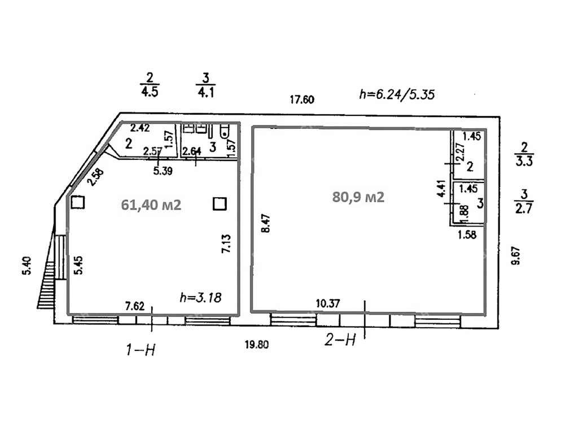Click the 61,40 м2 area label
click(151, 205)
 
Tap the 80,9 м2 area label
click(358, 197)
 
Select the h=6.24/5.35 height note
click(397, 94)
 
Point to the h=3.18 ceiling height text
click(201, 297)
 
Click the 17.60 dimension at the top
click(302, 99)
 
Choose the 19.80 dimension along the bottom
click(257, 345)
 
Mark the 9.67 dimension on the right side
click(516, 255)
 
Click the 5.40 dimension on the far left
click(27, 266)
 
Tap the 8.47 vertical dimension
click(266, 223)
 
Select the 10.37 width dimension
click(328, 303)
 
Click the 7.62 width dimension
click(135, 306)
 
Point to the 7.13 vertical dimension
click(226, 244)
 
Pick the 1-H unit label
click(141, 349)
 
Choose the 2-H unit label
click(340, 340)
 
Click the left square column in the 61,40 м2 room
click(78, 203)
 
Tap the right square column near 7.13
click(220, 203)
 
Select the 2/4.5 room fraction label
click(150, 85)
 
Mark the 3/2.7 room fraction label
click(524, 202)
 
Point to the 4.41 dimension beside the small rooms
click(443, 189)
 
